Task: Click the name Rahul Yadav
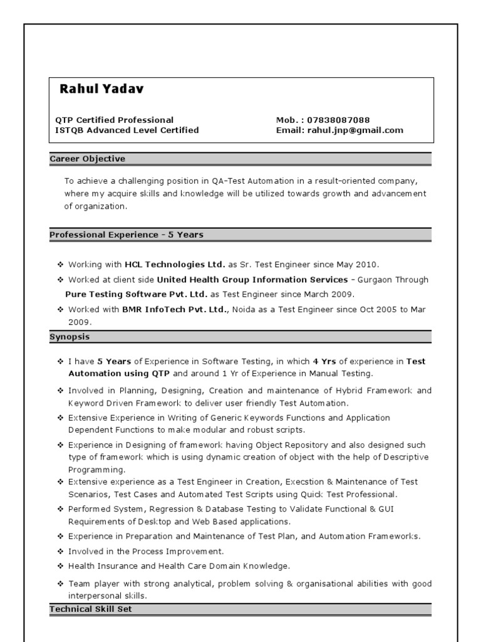point(101,89)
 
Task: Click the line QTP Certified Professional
point(115,120)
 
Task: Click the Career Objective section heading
point(88,159)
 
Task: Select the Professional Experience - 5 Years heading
point(127,234)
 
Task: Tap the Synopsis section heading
point(70,337)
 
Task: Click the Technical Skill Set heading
point(91,609)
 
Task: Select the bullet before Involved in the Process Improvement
point(60,551)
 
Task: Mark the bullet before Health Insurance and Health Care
point(60,566)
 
